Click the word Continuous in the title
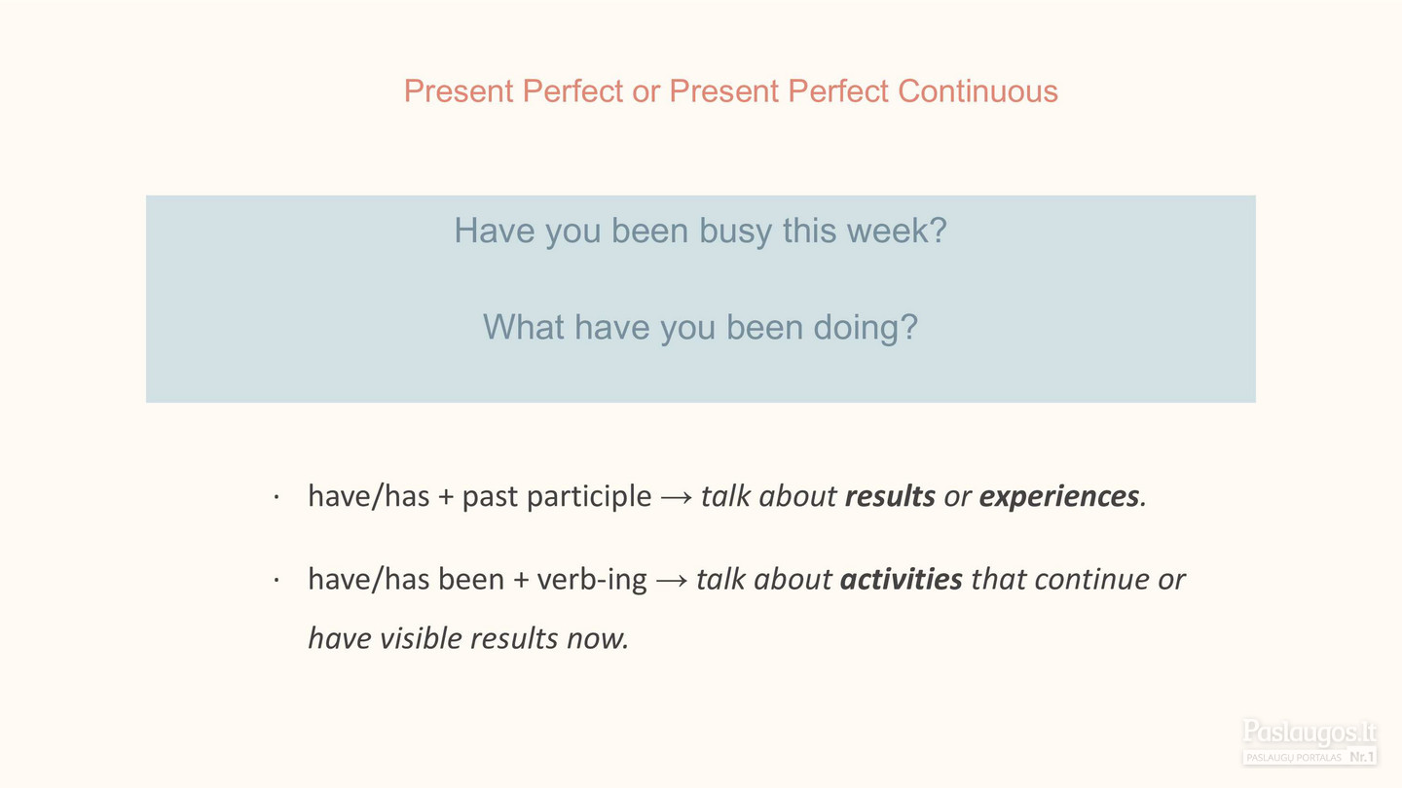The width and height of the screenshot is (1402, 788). click(978, 91)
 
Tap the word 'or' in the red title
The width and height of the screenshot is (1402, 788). click(646, 92)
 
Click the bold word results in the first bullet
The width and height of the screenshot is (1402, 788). click(890, 496)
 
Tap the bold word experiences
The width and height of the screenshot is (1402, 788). click(1059, 497)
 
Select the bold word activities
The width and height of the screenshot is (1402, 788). click(901, 579)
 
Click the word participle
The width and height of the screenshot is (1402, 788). click(589, 497)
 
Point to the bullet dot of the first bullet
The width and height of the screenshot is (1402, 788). click(277, 498)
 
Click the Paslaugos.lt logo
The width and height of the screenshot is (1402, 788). click(1310, 741)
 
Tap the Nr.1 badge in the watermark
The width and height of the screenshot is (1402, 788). click(1361, 757)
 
